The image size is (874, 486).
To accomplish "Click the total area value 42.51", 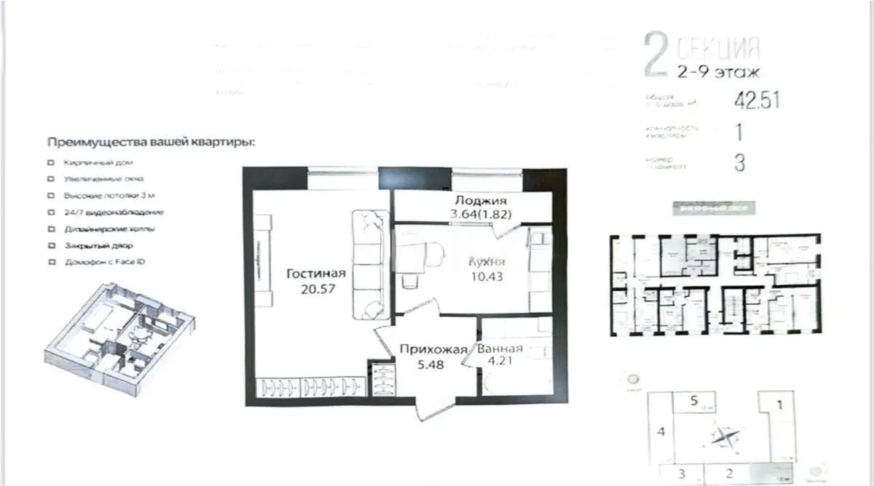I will (x=757, y=100).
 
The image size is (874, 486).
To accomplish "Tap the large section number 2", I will (x=656, y=57).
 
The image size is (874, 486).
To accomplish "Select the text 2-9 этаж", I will (x=718, y=72).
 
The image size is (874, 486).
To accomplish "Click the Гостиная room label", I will (x=315, y=274).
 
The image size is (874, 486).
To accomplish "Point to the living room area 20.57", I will (x=315, y=289).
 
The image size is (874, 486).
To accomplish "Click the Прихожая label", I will (x=433, y=349).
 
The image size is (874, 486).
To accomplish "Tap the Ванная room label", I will (x=500, y=348).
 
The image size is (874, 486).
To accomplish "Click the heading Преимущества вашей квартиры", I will (x=151, y=142).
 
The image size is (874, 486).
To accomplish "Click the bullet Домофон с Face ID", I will (x=104, y=261).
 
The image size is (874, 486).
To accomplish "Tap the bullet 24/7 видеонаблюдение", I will (x=113, y=212).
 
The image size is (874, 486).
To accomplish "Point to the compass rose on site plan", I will (x=724, y=437).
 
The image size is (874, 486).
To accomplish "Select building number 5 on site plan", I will (x=695, y=399).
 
